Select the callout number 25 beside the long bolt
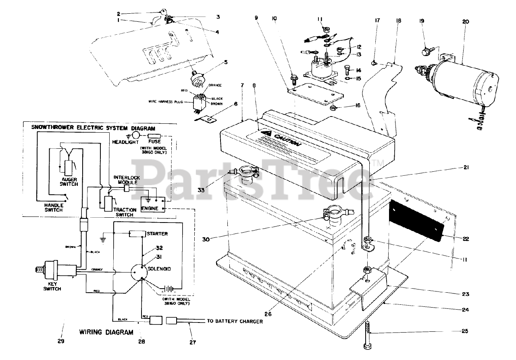tap(466, 331)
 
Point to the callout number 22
tap(466, 239)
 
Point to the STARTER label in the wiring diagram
tap(158, 233)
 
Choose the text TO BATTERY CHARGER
tap(235, 321)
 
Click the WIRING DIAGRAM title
tap(106, 333)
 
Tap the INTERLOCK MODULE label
tap(127, 180)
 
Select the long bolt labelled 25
tap(368, 334)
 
